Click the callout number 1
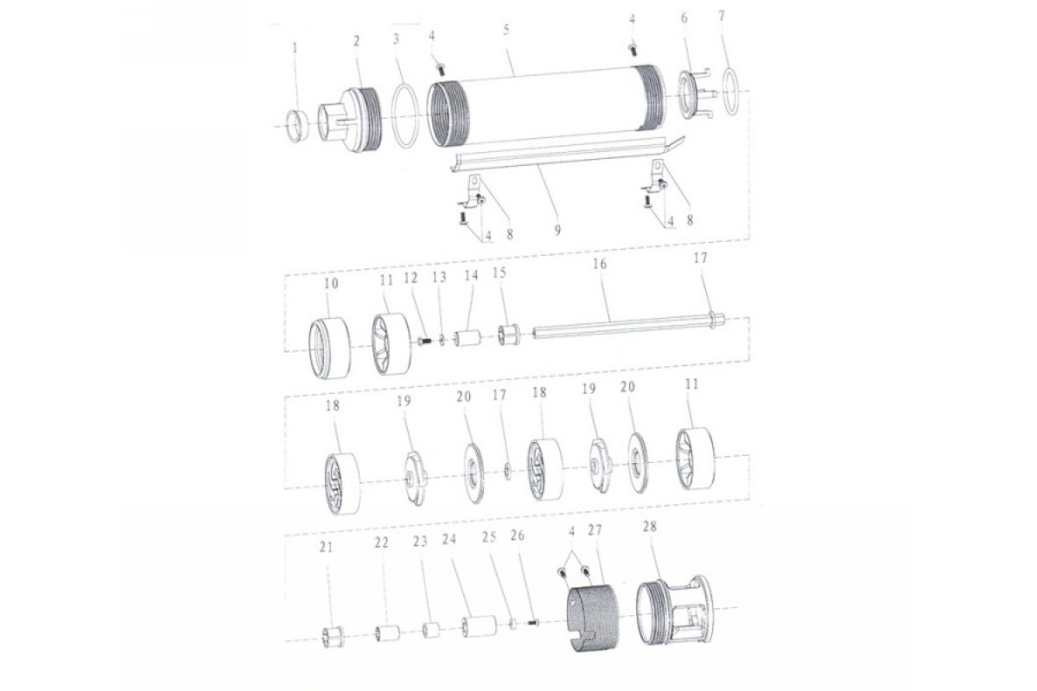click(x=296, y=48)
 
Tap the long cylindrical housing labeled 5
click(x=546, y=105)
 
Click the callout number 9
click(x=557, y=230)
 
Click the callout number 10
click(x=331, y=283)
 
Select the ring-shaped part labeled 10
click(x=329, y=348)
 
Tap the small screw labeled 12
click(x=424, y=341)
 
